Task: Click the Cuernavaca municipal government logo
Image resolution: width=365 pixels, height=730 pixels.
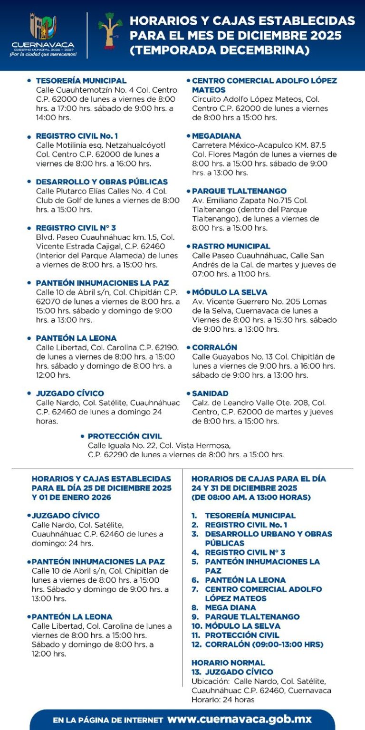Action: click(x=43, y=34)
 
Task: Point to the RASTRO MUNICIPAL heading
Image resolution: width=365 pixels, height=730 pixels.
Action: click(x=231, y=246)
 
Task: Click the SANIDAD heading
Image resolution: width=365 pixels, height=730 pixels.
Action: click(x=210, y=394)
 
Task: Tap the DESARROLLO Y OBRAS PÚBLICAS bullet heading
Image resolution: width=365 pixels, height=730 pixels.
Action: click(x=102, y=182)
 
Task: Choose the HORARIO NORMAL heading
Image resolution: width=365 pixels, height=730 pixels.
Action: click(x=228, y=663)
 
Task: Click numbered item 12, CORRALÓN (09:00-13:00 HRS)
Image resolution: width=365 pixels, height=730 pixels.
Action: click(x=264, y=644)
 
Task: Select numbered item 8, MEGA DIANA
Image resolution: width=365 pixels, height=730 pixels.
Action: click(x=230, y=607)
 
